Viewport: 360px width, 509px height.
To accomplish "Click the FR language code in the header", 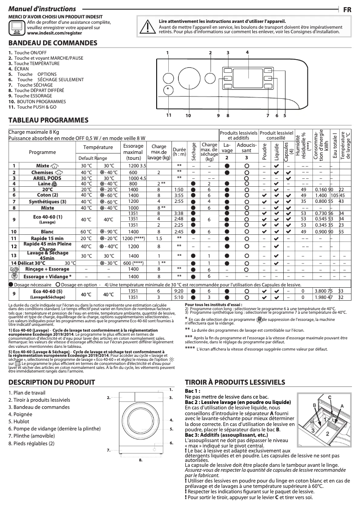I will tap(347, 9).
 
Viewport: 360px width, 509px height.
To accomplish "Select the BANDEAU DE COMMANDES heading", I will tap(53, 43).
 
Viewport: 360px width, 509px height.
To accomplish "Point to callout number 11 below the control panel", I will tap(169, 115).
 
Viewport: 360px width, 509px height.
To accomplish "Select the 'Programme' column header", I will tap(42, 152).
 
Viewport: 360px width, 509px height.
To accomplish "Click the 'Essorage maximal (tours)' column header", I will tap(133, 152).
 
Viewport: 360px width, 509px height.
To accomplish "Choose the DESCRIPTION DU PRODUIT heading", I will tap(52, 382).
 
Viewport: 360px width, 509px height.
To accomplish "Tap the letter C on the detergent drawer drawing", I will tap(330, 398).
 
